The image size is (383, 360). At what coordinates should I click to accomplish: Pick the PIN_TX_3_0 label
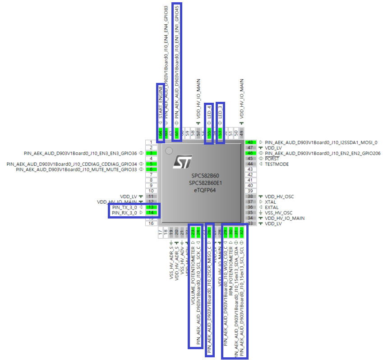coord(124,207)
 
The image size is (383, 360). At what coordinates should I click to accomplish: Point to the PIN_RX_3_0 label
coord(124,213)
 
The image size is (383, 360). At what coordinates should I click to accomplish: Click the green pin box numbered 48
coord(250,142)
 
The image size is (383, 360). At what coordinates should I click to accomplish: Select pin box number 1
coord(152,142)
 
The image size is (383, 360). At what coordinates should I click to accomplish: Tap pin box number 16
coord(152,223)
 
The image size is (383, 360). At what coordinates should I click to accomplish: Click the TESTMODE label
coord(277,164)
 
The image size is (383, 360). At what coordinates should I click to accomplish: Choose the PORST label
coord(272,159)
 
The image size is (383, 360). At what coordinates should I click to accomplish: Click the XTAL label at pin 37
coord(271,202)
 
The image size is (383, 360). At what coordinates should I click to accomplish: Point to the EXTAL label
coord(272,207)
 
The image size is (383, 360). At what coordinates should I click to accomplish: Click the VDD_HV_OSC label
coord(279,196)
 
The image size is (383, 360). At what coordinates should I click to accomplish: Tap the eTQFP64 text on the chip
coord(202,191)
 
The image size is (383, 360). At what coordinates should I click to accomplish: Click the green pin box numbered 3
coord(152,153)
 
